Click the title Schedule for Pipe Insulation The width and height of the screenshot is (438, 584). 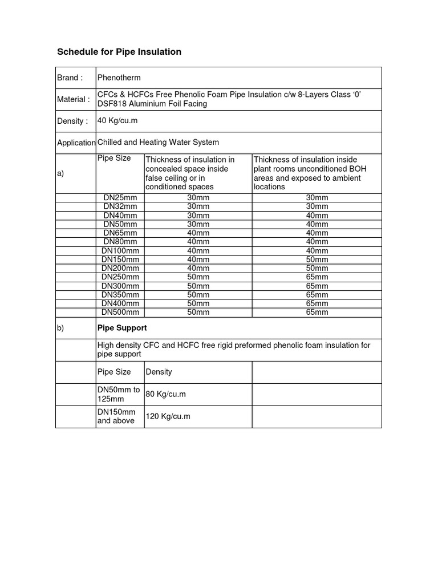click(119, 52)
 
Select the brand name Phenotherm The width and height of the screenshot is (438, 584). click(119, 78)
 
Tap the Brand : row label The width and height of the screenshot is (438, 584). click(70, 78)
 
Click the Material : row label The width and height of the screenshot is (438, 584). click(74, 99)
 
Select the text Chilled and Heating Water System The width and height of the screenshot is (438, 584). click(159, 142)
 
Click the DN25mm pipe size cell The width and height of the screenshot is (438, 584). click(120, 197)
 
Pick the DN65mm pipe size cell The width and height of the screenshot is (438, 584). click(120, 233)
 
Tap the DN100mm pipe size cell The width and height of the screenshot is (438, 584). click(120, 250)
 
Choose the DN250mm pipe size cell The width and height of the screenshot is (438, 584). click(120, 277)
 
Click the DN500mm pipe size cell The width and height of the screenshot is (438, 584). click(120, 312)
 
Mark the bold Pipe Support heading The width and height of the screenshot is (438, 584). click(122, 328)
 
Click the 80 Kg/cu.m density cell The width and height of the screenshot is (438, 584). click(166, 394)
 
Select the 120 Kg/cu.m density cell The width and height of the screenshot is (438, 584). click(168, 416)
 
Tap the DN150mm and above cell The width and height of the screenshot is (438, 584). click(117, 416)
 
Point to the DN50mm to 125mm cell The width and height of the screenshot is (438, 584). click(119, 394)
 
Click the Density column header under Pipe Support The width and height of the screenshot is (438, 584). click(159, 372)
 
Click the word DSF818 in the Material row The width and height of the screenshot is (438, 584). click(113, 104)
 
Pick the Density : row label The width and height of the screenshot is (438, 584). click(72, 121)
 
